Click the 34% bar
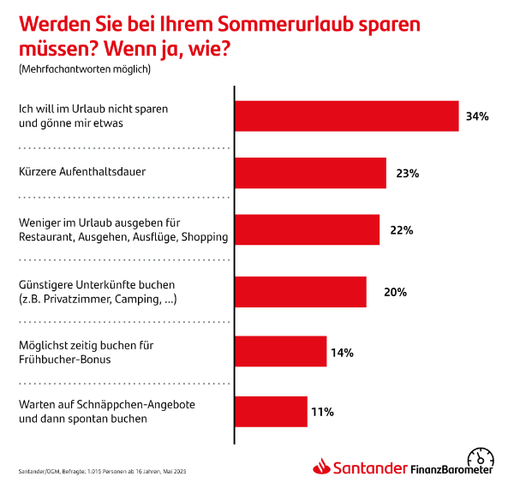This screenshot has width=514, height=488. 347,116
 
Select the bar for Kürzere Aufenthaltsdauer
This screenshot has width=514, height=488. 310,173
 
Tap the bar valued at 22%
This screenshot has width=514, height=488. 307,230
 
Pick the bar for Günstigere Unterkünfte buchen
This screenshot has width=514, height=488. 301,292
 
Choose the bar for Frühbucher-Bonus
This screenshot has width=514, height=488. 281,352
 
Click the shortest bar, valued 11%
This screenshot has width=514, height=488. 271,411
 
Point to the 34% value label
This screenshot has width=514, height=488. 477,116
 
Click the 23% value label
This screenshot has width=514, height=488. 407,173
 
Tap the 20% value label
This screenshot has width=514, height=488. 395,292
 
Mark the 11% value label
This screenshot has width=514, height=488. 322,412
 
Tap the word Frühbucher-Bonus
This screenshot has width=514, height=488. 61,359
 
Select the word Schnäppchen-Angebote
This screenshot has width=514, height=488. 115,404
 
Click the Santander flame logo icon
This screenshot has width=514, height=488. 321,467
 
